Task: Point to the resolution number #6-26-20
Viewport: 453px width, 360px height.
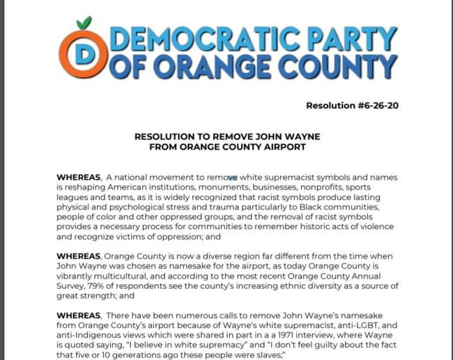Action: pos(373,106)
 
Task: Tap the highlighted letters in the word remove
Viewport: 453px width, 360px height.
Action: pos(231,178)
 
